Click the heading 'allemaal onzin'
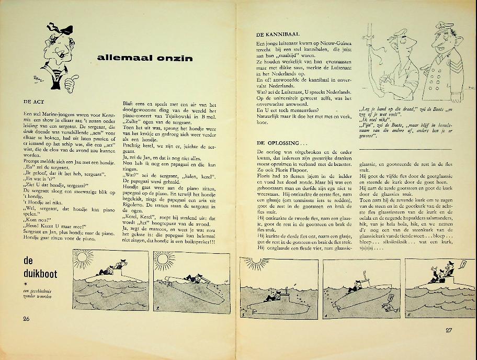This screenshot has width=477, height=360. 144,58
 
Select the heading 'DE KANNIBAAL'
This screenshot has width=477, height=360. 278,33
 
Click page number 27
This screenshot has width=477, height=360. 449,330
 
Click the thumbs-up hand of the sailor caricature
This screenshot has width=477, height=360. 76,80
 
